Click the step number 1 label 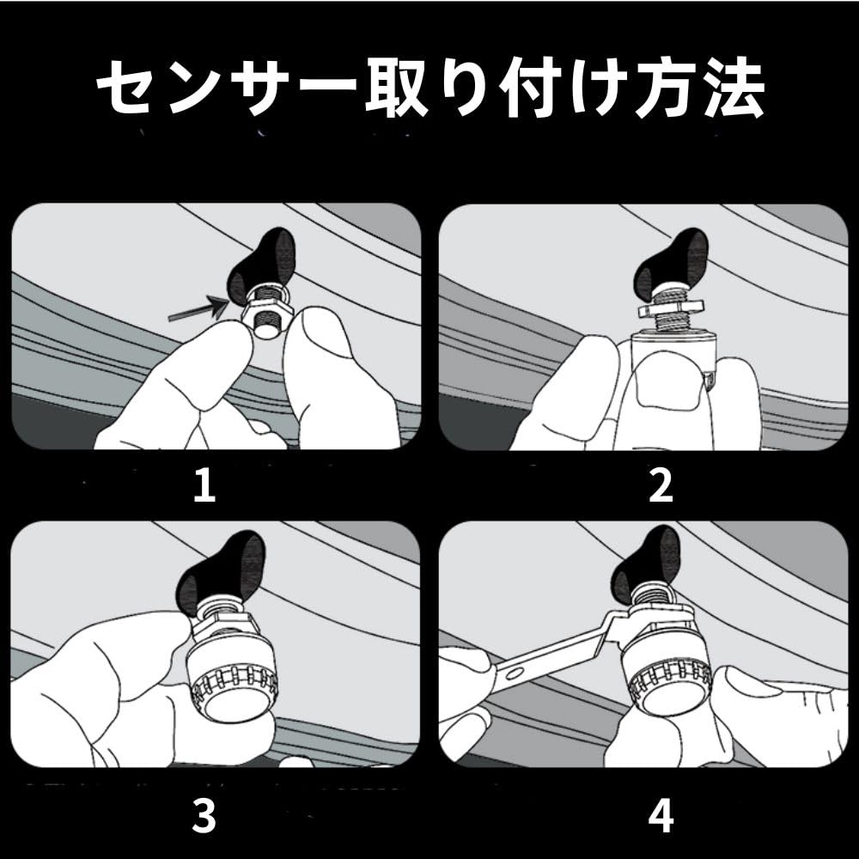(x=205, y=484)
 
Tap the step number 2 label (x=661, y=484)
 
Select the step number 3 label (x=204, y=816)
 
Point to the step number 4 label (x=661, y=816)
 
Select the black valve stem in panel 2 (x=671, y=264)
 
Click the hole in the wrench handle (x=515, y=673)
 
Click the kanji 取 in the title (x=396, y=88)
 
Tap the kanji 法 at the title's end (x=734, y=88)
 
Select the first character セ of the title (x=126, y=88)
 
